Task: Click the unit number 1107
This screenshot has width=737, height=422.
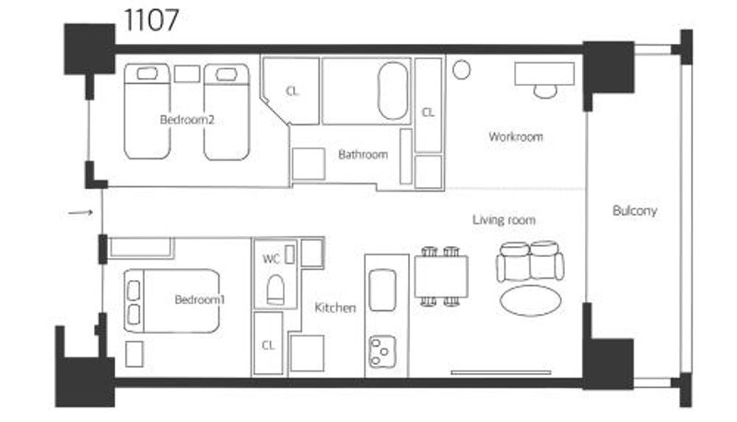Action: click(x=151, y=20)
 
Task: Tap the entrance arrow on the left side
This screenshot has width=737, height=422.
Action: click(x=80, y=213)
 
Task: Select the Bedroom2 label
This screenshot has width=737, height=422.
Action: click(x=187, y=120)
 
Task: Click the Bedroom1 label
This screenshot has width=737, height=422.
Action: click(x=200, y=299)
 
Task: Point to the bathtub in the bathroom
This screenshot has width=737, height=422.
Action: click(x=393, y=90)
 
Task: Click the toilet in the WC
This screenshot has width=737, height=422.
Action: click(x=275, y=290)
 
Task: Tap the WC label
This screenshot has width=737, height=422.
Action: click(x=271, y=259)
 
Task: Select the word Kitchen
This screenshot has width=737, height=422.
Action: click(x=335, y=308)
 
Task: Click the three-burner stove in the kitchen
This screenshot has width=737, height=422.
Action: click(x=382, y=351)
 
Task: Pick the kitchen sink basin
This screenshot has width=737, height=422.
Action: click(x=382, y=290)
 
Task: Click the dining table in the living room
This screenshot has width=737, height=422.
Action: click(x=441, y=276)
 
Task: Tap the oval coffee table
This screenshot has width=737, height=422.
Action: click(x=531, y=300)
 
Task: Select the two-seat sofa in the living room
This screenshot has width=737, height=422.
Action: click(x=531, y=262)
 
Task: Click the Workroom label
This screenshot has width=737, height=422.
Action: click(x=516, y=136)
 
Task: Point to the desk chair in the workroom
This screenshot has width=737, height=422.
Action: click(x=545, y=91)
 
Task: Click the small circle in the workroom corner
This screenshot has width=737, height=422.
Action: click(x=462, y=70)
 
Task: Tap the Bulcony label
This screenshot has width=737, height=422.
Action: click(x=635, y=210)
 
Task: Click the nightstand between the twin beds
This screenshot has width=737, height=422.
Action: click(x=187, y=74)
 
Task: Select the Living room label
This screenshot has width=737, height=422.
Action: click(x=504, y=220)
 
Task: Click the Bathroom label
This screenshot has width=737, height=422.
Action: click(x=363, y=154)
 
